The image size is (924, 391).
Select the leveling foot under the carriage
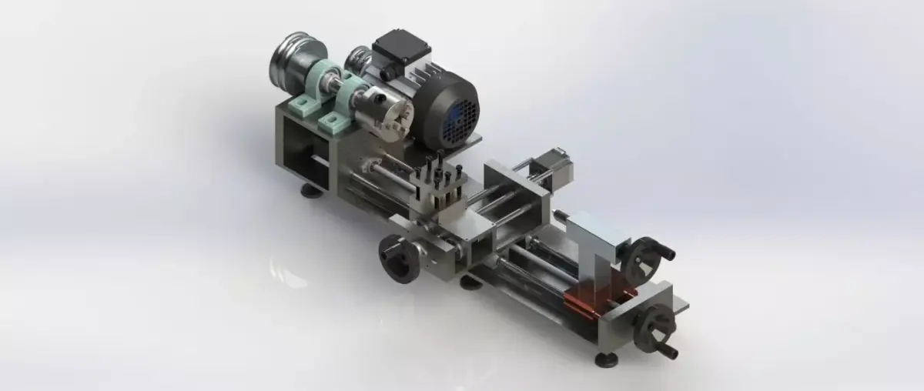click(470, 282)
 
